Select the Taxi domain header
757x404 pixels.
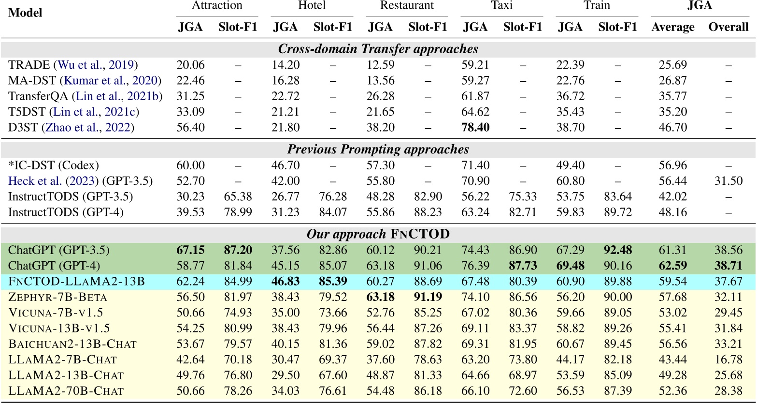[x=501, y=6]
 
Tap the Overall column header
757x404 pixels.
[x=728, y=27]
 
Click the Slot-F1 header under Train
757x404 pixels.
[x=617, y=27]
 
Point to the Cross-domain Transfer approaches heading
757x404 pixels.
[x=378, y=49]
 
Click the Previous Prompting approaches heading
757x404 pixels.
[x=378, y=150]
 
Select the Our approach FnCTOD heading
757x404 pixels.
[x=378, y=235]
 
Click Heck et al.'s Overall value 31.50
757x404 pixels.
[x=728, y=180]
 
